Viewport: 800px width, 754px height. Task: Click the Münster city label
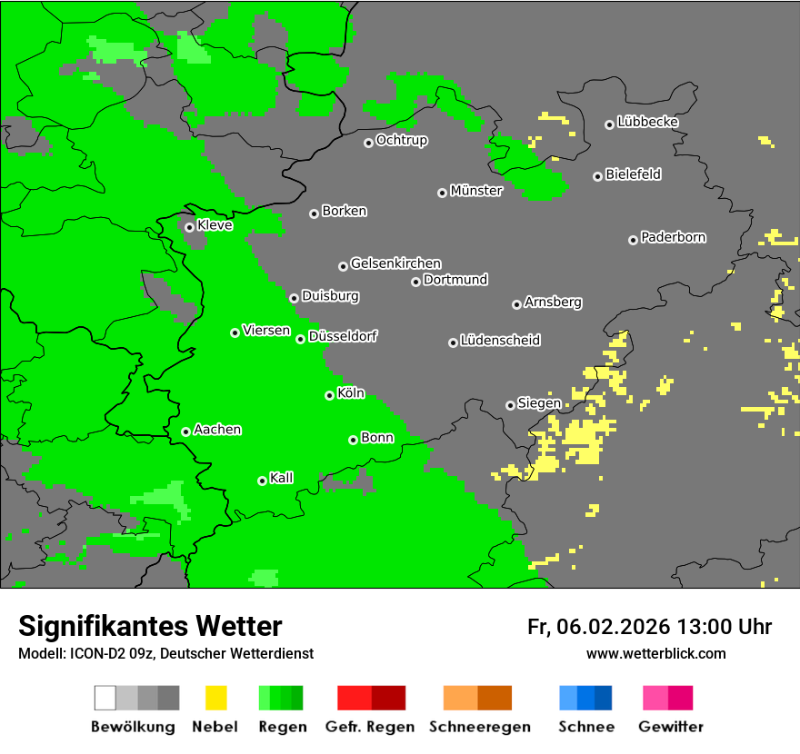click(476, 191)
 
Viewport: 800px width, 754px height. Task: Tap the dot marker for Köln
click(329, 395)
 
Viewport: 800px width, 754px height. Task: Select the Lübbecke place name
click(647, 122)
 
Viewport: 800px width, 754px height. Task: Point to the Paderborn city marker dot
click(633, 240)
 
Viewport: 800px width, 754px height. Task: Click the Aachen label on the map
click(217, 430)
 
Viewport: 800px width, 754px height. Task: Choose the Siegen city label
click(539, 403)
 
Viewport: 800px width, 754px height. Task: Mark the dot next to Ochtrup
click(368, 142)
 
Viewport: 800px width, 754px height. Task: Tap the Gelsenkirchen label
click(395, 263)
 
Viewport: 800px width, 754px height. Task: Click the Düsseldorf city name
click(343, 336)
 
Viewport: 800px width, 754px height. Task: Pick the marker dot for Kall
click(262, 481)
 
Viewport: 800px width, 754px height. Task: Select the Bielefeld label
click(633, 174)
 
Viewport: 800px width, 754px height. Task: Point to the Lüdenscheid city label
click(500, 341)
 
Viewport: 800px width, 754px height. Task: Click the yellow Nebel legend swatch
click(215, 698)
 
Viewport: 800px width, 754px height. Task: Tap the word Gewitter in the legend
click(671, 727)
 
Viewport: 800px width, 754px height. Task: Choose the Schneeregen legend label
click(478, 727)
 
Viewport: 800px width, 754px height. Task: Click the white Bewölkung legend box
click(105, 698)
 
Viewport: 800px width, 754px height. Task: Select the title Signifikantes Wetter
click(150, 627)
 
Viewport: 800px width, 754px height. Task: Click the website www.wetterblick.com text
click(655, 653)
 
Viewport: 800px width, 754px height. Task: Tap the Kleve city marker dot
click(189, 227)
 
